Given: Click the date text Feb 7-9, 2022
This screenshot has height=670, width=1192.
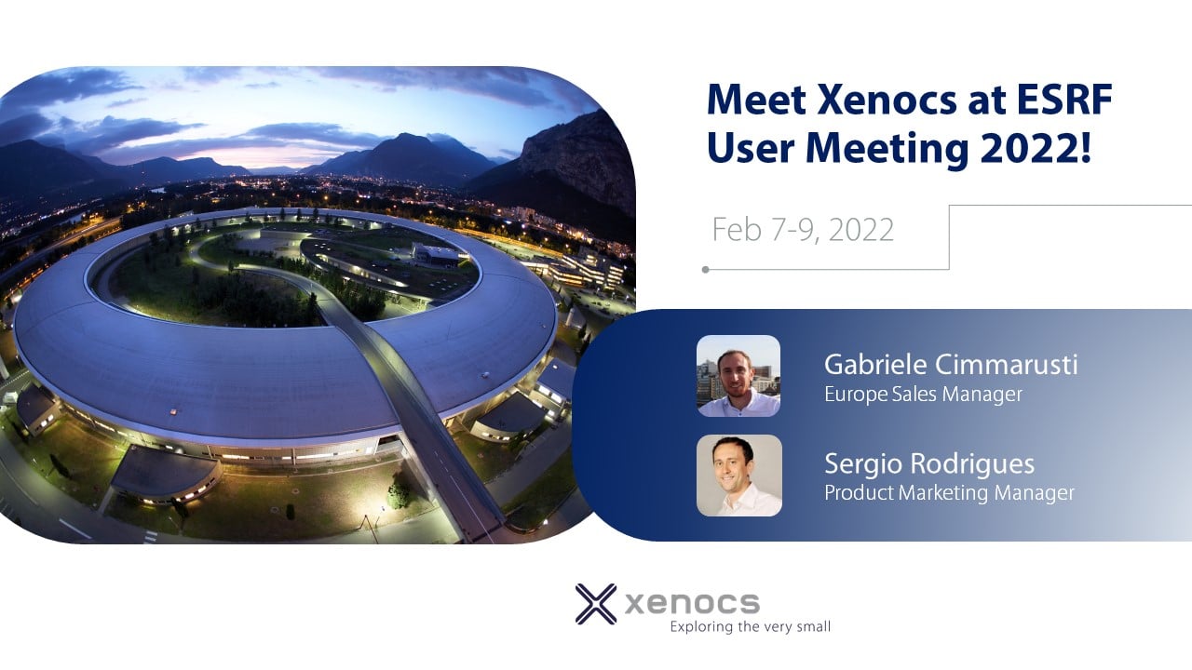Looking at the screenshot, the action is coord(803,230).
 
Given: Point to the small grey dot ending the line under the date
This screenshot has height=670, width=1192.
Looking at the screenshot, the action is coord(706,270).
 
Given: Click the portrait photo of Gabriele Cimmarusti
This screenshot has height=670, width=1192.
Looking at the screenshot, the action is coord(738,375).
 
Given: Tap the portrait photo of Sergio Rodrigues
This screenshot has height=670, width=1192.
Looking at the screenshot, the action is coord(739,476).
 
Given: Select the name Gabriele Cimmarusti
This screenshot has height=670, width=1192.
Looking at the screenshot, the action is coord(951,365).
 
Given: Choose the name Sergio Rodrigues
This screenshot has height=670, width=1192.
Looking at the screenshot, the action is coord(929,464).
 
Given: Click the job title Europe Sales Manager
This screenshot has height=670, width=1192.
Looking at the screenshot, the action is coord(923,395).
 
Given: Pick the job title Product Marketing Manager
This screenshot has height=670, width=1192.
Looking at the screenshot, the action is coord(949,493).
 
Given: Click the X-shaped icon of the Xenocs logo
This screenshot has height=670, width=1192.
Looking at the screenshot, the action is coord(596,604).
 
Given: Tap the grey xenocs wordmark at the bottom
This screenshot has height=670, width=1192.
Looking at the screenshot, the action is coord(692,604).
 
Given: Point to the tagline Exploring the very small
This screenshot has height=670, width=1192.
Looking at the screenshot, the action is coord(751,627).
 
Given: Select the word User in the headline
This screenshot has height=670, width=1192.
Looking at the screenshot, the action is coord(751,148).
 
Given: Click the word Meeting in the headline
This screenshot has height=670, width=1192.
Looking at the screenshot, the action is coord(887,149).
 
